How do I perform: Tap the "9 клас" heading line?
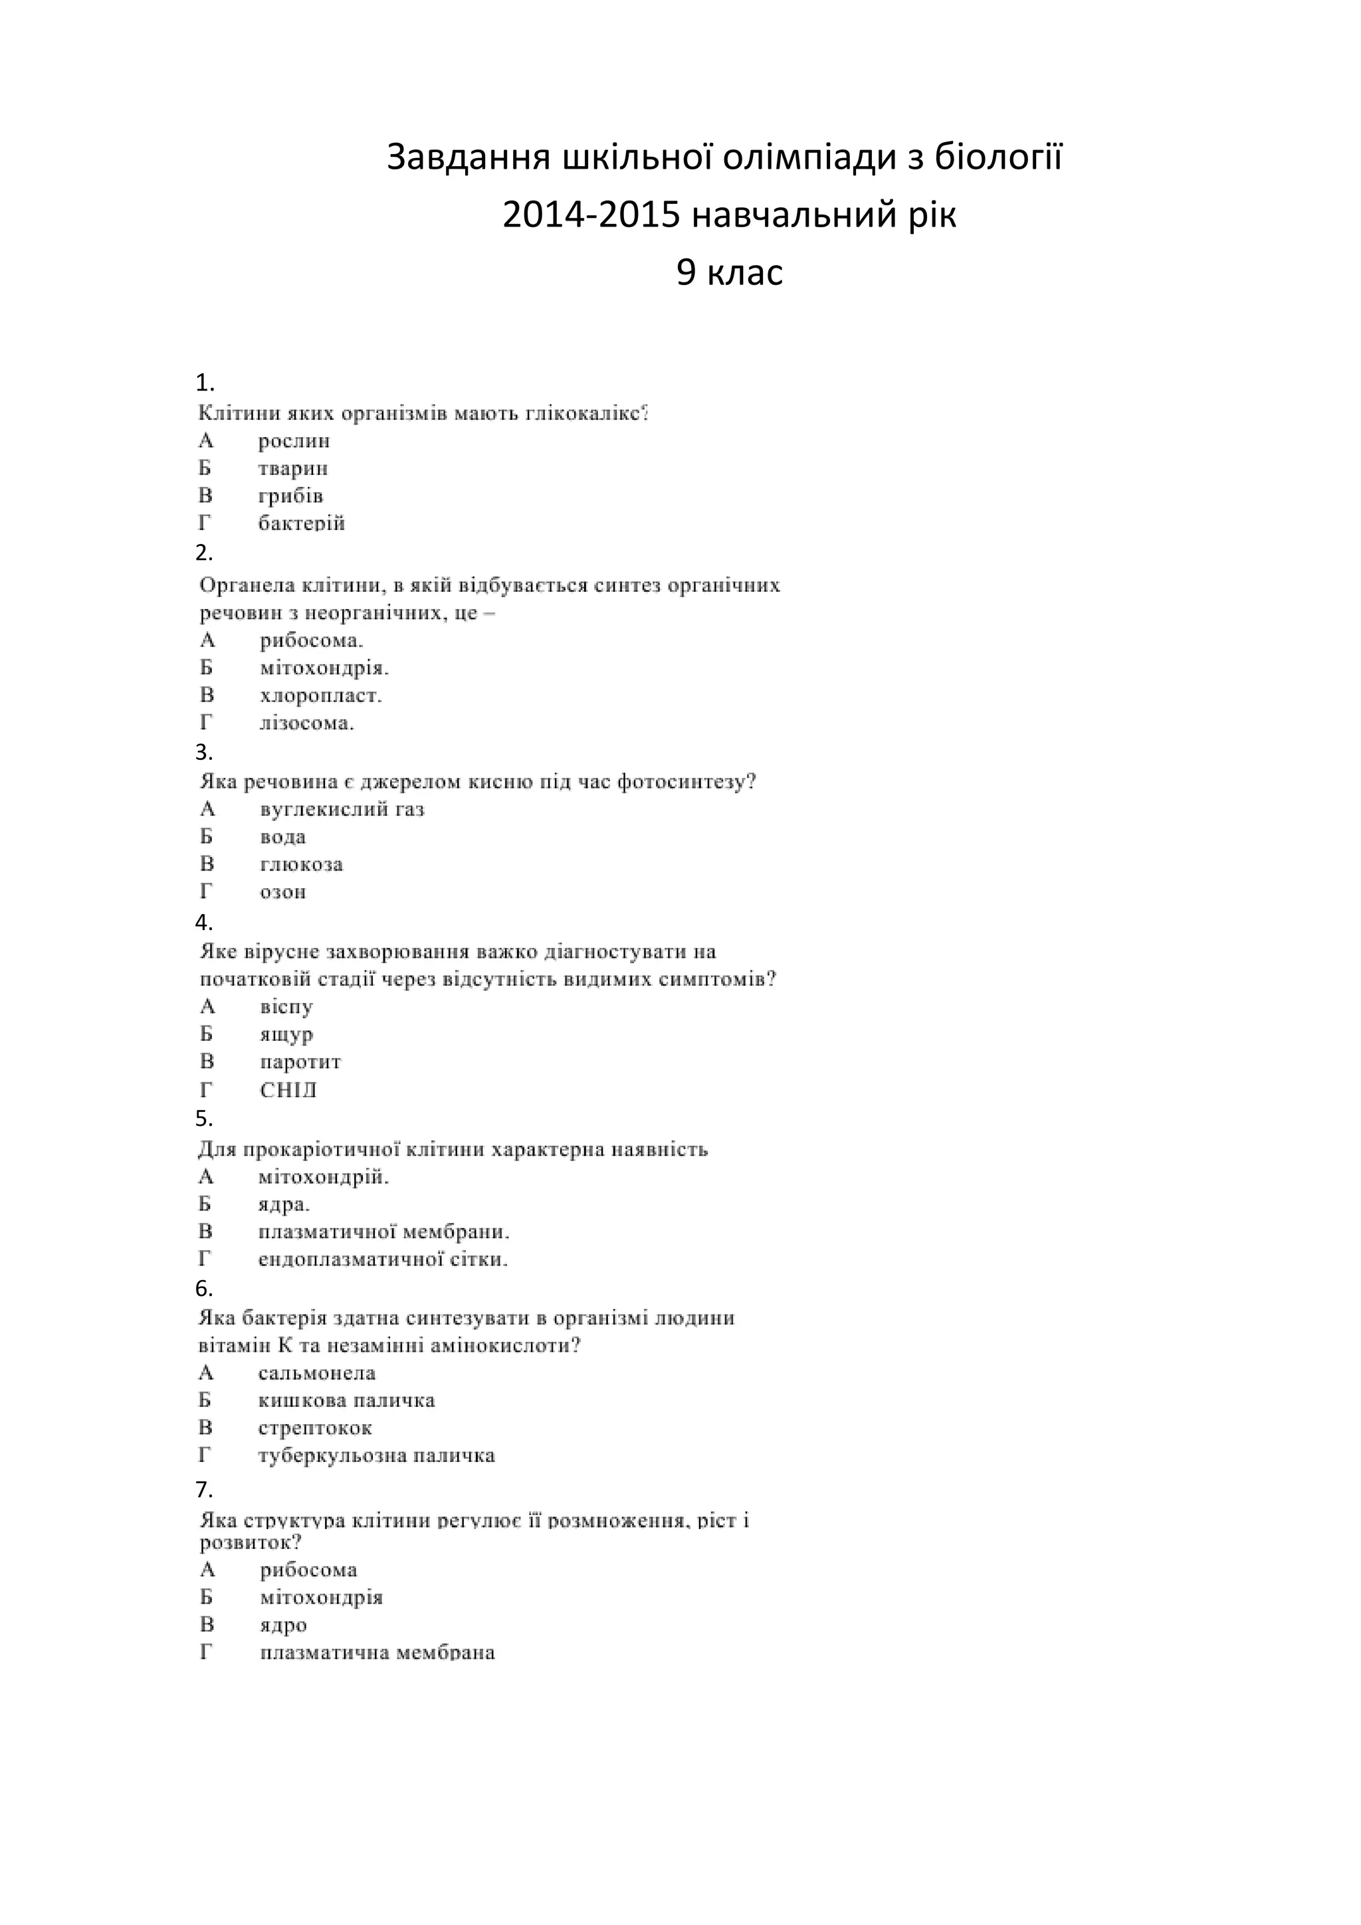click(729, 272)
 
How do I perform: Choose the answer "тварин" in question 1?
click(292, 469)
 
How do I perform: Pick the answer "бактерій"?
click(301, 524)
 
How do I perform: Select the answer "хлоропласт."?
click(320, 696)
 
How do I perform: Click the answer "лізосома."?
click(307, 723)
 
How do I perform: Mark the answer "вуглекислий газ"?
click(342, 810)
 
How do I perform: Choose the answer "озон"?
click(282, 892)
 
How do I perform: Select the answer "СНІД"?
click(288, 1090)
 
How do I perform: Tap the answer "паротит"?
click(300, 1062)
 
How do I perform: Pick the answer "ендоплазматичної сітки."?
click(382, 1259)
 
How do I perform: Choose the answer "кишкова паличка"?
click(346, 1400)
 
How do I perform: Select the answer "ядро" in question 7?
click(284, 1625)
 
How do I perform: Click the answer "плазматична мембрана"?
click(377, 1653)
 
